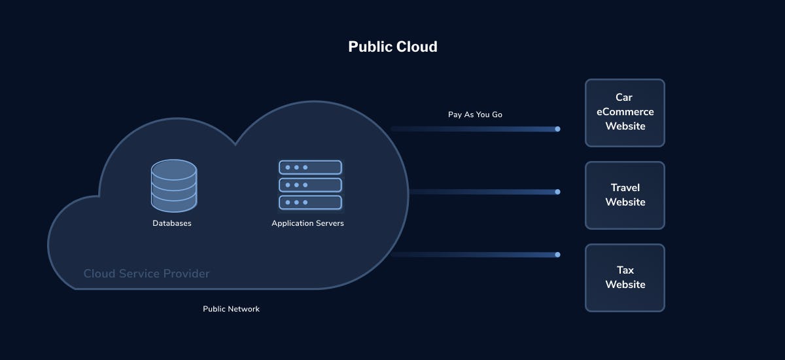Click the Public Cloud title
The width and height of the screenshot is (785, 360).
(x=392, y=46)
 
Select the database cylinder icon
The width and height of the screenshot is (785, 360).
(x=173, y=187)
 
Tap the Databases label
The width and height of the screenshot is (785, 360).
(x=172, y=223)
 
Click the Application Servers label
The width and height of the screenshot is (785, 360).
(x=307, y=223)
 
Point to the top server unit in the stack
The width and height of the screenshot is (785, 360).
(x=310, y=168)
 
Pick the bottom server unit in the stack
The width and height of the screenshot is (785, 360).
(x=310, y=202)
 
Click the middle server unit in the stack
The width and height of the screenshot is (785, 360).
(x=310, y=185)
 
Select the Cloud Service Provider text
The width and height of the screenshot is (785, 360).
(x=147, y=274)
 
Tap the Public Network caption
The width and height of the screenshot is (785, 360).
(x=231, y=309)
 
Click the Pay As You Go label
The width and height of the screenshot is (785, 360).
(x=475, y=115)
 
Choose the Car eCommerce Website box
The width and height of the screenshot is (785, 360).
(x=625, y=113)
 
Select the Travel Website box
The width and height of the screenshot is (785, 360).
(x=625, y=195)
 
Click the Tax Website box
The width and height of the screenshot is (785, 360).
(x=625, y=278)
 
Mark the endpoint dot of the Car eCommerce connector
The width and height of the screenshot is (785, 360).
(x=557, y=129)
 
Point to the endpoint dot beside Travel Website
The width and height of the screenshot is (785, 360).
(x=557, y=192)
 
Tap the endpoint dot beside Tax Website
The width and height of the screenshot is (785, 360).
(x=557, y=255)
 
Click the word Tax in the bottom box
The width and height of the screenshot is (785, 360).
(x=625, y=270)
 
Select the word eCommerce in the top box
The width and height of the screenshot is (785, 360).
(x=625, y=111)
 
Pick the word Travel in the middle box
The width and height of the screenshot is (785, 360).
(x=625, y=188)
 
